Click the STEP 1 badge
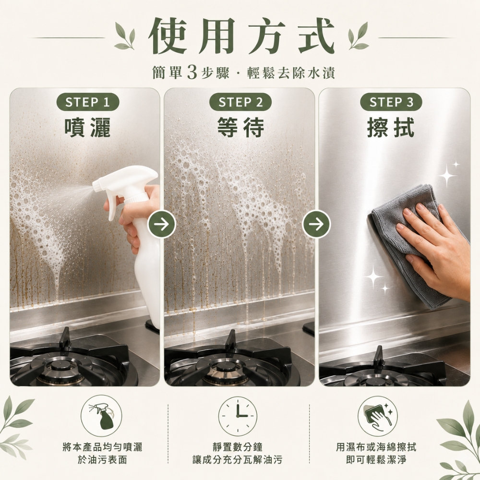pos(87,102)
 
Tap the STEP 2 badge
pos(240,102)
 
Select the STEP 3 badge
pos(391,102)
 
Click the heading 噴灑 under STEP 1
pos(87,127)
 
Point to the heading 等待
pos(240,127)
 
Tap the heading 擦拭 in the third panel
pos(391,127)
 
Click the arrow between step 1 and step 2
pos(162,224)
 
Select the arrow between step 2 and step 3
pos(316,224)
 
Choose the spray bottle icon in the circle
pos(101,415)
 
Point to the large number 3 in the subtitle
pos(192,72)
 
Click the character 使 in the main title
pos(167,36)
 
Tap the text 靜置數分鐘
pos(238,447)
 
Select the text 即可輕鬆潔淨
pos(376,459)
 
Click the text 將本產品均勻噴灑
pos(102,447)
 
